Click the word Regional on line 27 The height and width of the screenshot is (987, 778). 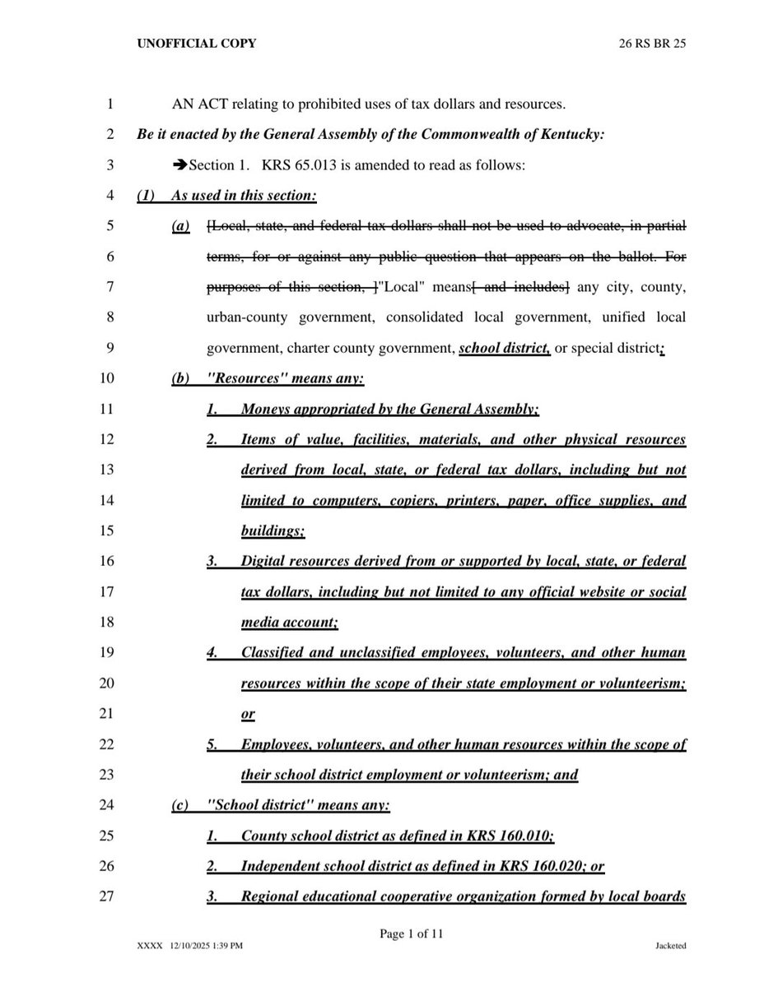pos(268,895)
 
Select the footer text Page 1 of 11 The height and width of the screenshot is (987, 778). pos(412,934)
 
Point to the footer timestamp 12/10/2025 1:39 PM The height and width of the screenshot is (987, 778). pos(207,947)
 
